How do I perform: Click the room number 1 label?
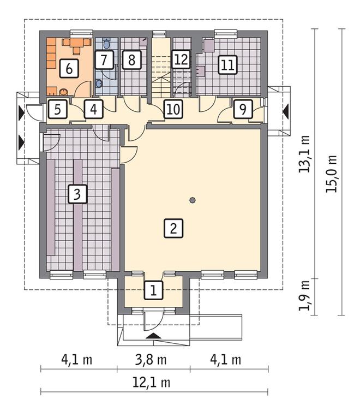pyautogui.click(x=154, y=290)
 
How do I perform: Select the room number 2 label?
pyautogui.click(x=173, y=228)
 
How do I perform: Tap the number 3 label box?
pyautogui.click(x=77, y=194)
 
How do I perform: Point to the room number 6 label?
pyautogui.click(x=69, y=68)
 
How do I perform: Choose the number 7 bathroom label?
pyautogui.click(x=104, y=59)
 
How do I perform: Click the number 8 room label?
pyautogui.click(x=131, y=59)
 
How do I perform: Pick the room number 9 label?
pyautogui.click(x=243, y=109)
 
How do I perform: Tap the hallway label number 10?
pyautogui.click(x=173, y=109)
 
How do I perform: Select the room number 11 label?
pyautogui.click(x=228, y=65)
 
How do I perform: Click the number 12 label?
pyautogui.click(x=181, y=59)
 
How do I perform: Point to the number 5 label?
pyautogui.click(x=58, y=109)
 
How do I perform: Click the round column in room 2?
pyautogui.click(x=192, y=200)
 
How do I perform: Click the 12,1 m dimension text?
pyautogui.click(x=152, y=382)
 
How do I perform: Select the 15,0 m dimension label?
pyautogui.click(x=332, y=174)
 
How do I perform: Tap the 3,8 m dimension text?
pyautogui.click(x=151, y=360)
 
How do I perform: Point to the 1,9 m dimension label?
pyautogui.click(x=304, y=295)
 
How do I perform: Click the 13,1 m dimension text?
pyautogui.click(x=304, y=154)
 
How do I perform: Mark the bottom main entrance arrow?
pyautogui.click(x=154, y=336)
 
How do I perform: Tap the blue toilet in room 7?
pyautogui.click(x=106, y=44)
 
